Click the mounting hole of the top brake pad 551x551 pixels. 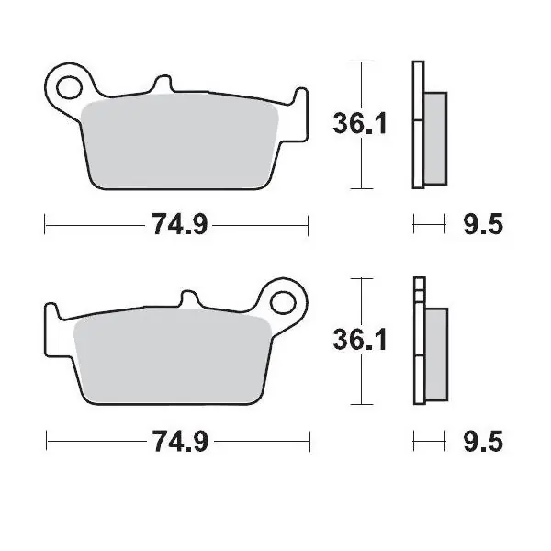click(67, 89)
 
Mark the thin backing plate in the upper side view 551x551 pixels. click(419, 125)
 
